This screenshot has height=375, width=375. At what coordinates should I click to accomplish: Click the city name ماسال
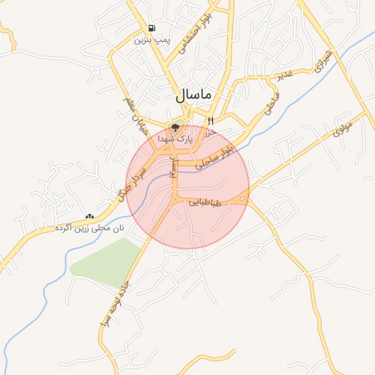[193, 95]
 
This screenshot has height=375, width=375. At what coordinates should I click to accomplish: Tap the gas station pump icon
[151, 27]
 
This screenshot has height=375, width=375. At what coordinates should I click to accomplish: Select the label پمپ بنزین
[152, 40]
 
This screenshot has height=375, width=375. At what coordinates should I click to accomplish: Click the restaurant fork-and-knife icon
[210, 121]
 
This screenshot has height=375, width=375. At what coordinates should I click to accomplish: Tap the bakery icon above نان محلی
[89, 217]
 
